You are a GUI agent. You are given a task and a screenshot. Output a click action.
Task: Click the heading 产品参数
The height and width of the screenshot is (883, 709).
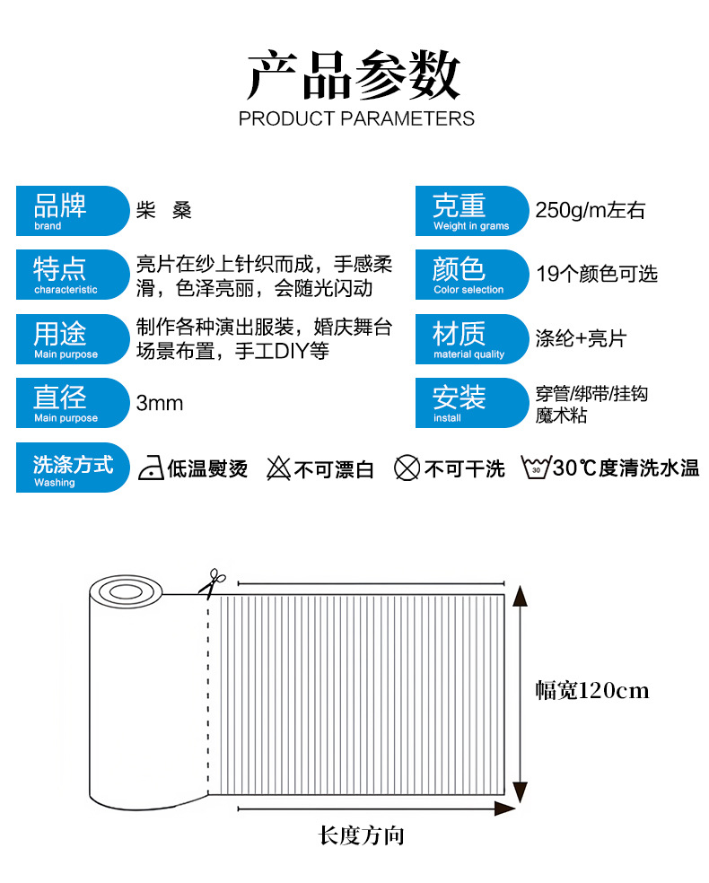pos(354,75)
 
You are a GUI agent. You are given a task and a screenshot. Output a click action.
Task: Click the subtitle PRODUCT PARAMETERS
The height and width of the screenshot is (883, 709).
pos(355,118)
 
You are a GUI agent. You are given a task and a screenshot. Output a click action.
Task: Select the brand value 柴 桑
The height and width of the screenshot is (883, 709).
pos(163,211)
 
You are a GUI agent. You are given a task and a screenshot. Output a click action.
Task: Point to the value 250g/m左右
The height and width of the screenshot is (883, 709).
pos(590,211)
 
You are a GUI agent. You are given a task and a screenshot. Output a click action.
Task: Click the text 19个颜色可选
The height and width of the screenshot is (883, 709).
pos(597,275)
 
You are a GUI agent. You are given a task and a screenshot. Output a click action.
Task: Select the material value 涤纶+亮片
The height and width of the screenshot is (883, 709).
pos(580,338)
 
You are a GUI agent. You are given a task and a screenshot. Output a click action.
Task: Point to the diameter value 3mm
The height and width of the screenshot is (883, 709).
pos(160,403)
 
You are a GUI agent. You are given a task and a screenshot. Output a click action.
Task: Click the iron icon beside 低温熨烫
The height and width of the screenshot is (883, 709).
pos(151,468)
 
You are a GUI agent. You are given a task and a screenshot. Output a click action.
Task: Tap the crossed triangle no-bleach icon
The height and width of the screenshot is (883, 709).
pos(278,468)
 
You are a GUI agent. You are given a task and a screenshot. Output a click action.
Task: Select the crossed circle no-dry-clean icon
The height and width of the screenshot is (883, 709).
pos(407,468)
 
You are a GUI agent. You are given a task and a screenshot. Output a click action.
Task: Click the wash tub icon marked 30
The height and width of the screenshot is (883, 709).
pos(536,468)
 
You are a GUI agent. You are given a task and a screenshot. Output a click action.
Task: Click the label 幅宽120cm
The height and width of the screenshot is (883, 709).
pos(591,690)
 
